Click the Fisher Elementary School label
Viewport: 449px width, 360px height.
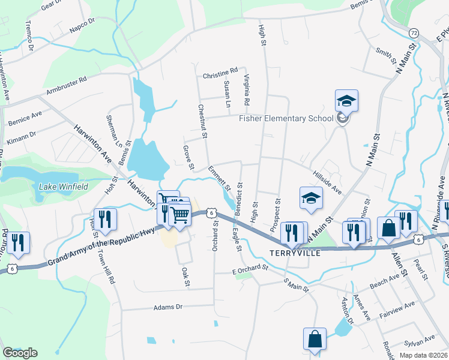(x=286, y=118)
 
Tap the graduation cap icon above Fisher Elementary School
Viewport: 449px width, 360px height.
(x=346, y=100)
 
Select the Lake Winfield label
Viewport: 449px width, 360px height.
(x=63, y=187)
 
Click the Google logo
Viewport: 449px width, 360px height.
(x=20, y=353)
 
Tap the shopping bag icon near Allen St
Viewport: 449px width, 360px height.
(x=388, y=228)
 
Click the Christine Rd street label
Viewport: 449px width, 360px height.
(x=220, y=76)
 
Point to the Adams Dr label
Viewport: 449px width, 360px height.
(x=167, y=307)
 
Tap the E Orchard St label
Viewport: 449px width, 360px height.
(x=249, y=272)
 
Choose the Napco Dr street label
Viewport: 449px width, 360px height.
(x=82, y=24)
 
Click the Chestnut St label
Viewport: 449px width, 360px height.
(x=202, y=121)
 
